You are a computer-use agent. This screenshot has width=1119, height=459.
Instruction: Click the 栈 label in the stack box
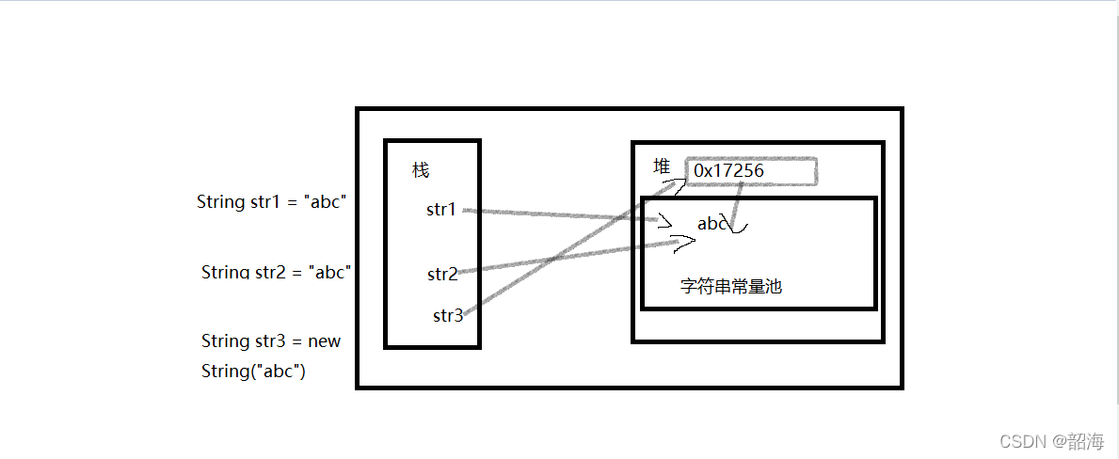(x=421, y=170)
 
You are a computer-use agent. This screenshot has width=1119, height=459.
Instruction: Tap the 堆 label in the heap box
(x=663, y=166)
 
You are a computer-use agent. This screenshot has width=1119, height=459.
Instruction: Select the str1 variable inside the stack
(x=441, y=210)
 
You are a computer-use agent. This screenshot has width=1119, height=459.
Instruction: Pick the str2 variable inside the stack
(x=442, y=275)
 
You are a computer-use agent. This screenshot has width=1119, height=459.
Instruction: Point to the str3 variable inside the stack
(x=448, y=316)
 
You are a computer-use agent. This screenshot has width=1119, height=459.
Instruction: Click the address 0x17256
(x=728, y=171)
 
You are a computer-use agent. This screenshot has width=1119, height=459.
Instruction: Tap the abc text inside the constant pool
(x=711, y=224)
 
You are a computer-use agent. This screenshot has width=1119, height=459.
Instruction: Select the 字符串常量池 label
(x=731, y=287)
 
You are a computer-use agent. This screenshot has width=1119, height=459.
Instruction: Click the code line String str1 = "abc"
(x=272, y=201)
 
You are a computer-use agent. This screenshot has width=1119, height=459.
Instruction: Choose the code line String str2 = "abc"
(x=276, y=273)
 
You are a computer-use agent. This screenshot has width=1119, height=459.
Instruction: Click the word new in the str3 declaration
(x=325, y=340)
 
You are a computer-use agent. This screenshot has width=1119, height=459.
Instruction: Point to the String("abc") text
(x=254, y=372)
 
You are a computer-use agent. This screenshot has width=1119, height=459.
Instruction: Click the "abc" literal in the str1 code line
(x=327, y=201)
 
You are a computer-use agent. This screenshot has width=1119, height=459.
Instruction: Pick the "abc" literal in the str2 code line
(x=330, y=273)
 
